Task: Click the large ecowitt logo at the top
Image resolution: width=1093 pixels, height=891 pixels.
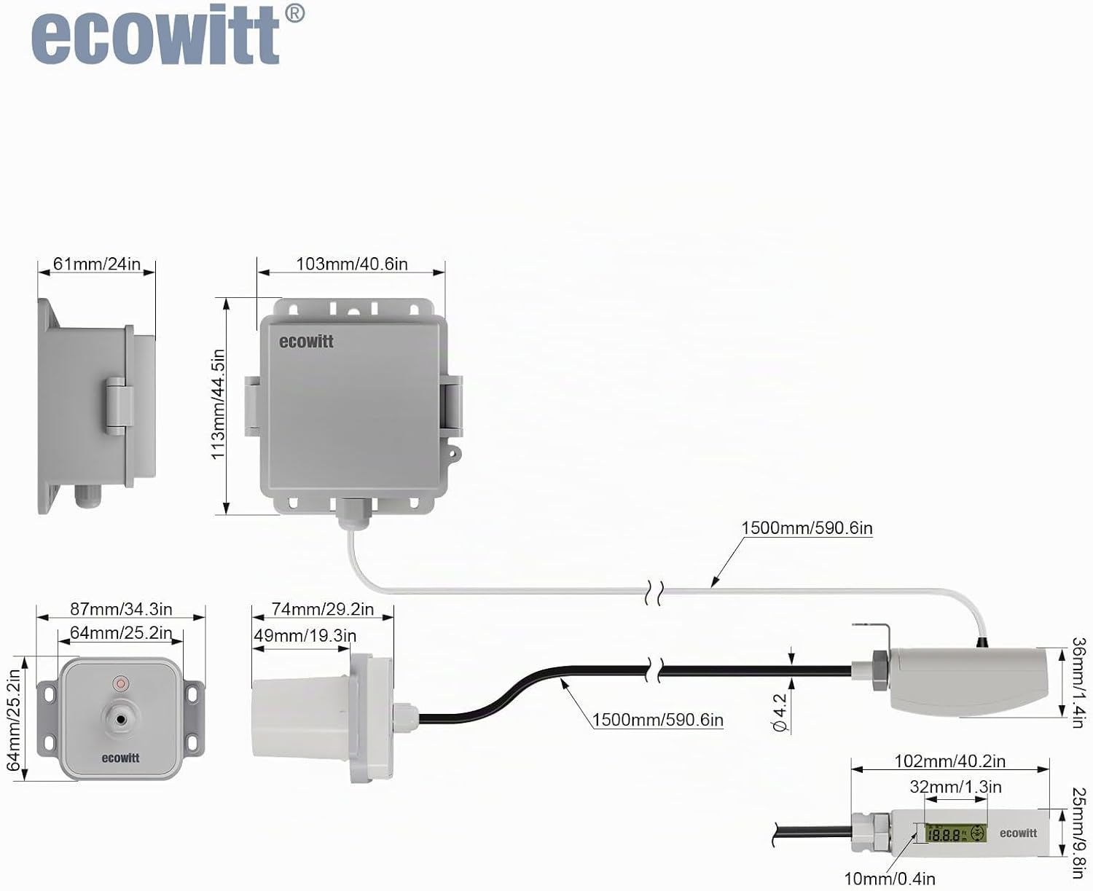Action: tap(168, 34)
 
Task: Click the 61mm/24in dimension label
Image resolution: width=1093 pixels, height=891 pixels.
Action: tap(97, 264)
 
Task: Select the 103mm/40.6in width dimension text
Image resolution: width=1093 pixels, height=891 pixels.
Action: tap(351, 264)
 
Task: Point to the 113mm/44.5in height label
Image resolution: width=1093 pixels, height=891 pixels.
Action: tap(218, 404)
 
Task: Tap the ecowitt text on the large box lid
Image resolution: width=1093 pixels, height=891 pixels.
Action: tap(306, 342)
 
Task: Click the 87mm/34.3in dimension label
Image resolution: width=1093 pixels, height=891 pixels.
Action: tap(121, 609)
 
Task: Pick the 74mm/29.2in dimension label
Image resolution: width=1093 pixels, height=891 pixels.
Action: tap(322, 609)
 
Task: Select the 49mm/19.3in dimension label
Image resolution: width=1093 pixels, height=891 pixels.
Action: tap(305, 635)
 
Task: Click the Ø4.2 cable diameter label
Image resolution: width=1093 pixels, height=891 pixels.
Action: tap(780, 713)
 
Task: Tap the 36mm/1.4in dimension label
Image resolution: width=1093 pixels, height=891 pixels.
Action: tap(1080, 683)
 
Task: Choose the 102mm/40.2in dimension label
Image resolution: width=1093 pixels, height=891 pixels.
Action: tap(950, 761)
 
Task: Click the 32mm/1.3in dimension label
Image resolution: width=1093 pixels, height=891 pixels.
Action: tap(956, 787)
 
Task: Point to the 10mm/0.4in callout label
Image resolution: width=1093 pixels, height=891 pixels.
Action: tap(890, 879)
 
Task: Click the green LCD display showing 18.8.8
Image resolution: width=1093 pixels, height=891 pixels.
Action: tap(955, 833)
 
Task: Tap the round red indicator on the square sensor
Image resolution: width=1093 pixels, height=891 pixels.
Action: tap(121, 683)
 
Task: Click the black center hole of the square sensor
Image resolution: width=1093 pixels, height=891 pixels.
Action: tap(121, 720)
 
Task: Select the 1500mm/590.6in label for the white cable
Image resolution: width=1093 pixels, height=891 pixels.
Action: tap(807, 527)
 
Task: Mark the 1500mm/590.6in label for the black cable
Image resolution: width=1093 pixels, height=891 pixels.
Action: tap(658, 720)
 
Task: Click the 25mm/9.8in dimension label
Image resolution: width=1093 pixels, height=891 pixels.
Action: tap(1080, 833)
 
